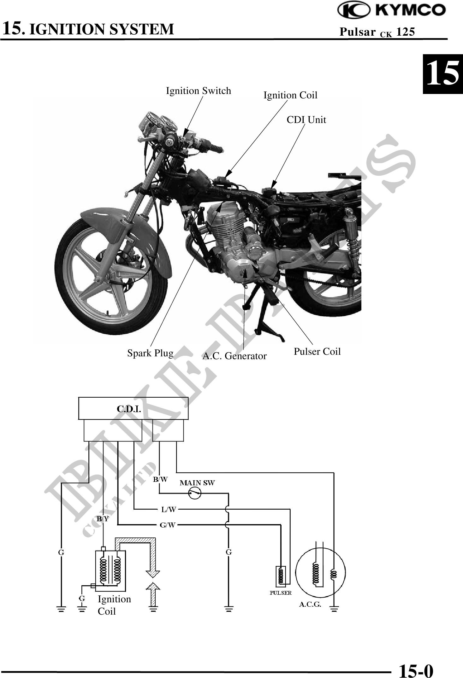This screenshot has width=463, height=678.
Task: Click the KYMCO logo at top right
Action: pyautogui.click(x=392, y=10)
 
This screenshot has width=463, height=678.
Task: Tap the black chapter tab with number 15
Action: pyautogui.click(x=442, y=74)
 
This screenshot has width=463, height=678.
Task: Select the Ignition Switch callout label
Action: pyautogui.click(x=199, y=91)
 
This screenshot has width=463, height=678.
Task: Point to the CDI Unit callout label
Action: pyautogui.click(x=306, y=120)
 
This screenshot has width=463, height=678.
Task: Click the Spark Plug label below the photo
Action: pyautogui.click(x=150, y=353)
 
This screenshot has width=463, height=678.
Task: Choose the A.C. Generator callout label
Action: pyautogui.click(x=234, y=356)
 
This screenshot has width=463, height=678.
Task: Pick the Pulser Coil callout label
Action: pyautogui.click(x=317, y=351)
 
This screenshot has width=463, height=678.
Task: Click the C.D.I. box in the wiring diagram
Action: pyautogui.click(x=133, y=409)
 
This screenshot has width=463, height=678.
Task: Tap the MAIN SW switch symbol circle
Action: pyautogui.click(x=195, y=493)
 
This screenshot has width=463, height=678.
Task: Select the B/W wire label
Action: pyautogui.click(x=160, y=480)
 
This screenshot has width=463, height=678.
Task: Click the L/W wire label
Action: pyautogui.click(x=169, y=509)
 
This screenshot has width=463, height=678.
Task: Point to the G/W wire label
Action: pyautogui.click(x=168, y=525)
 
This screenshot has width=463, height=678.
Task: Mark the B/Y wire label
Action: pyautogui.click(x=103, y=519)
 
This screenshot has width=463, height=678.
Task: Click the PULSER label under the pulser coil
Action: pyautogui.click(x=281, y=593)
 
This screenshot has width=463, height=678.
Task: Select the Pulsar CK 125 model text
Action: pyautogui.click(x=377, y=32)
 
